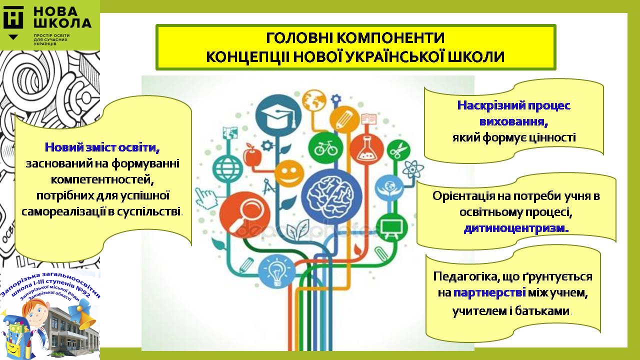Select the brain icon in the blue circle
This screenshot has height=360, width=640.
pyautogui.click(x=331, y=197)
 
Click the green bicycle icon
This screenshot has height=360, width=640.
pyautogui.click(x=325, y=147)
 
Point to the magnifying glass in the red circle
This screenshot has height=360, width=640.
pyautogui.click(x=244, y=215)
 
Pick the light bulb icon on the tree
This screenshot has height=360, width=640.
pyautogui.click(x=276, y=271)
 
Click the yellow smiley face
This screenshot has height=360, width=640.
pyautogui.click(x=289, y=173)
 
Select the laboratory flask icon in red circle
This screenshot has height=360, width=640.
pyautogui.click(x=366, y=149)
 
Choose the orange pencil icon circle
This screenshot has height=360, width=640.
pyautogui.click(x=344, y=119)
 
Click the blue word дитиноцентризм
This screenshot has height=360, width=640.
pyautogui.click(x=516, y=228)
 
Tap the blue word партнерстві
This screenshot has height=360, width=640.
pyautogui.click(x=489, y=293)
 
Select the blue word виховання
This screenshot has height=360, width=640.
pyautogui.click(x=513, y=121)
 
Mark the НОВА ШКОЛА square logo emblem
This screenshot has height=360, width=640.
pyautogui.click(x=13, y=17)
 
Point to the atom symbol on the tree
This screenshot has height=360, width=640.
pyautogui.click(x=413, y=169)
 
